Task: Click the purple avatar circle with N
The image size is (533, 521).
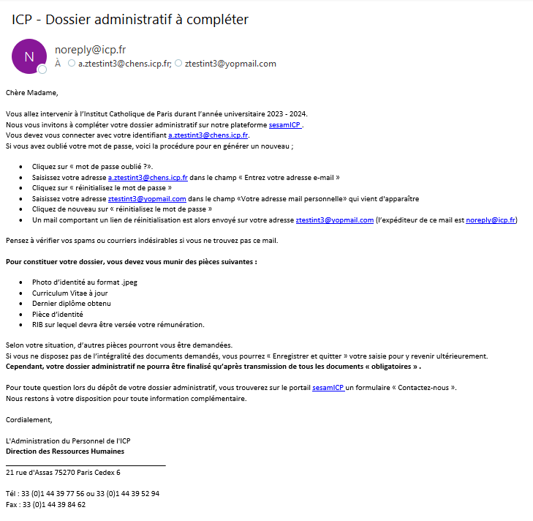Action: tap(29, 56)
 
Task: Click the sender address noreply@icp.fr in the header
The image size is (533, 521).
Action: tap(90, 50)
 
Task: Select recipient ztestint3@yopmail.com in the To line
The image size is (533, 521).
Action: tap(230, 64)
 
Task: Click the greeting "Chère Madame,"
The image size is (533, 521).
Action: tap(31, 93)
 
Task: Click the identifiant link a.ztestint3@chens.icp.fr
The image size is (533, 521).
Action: tap(208, 135)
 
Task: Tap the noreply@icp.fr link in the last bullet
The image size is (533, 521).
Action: tap(490, 220)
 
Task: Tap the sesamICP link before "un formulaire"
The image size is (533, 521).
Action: tap(328, 388)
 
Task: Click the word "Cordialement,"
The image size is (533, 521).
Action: tap(29, 419)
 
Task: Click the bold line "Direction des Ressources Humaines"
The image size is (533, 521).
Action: tap(64, 451)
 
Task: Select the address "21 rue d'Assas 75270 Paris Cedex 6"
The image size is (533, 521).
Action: tap(63, 473)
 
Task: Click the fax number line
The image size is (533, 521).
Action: tap(46, 504)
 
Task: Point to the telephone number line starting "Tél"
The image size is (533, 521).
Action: tap(82, 494)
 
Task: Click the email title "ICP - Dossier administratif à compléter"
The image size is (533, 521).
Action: tap(130, 19)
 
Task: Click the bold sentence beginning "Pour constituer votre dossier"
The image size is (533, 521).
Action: tap(131, 261)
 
